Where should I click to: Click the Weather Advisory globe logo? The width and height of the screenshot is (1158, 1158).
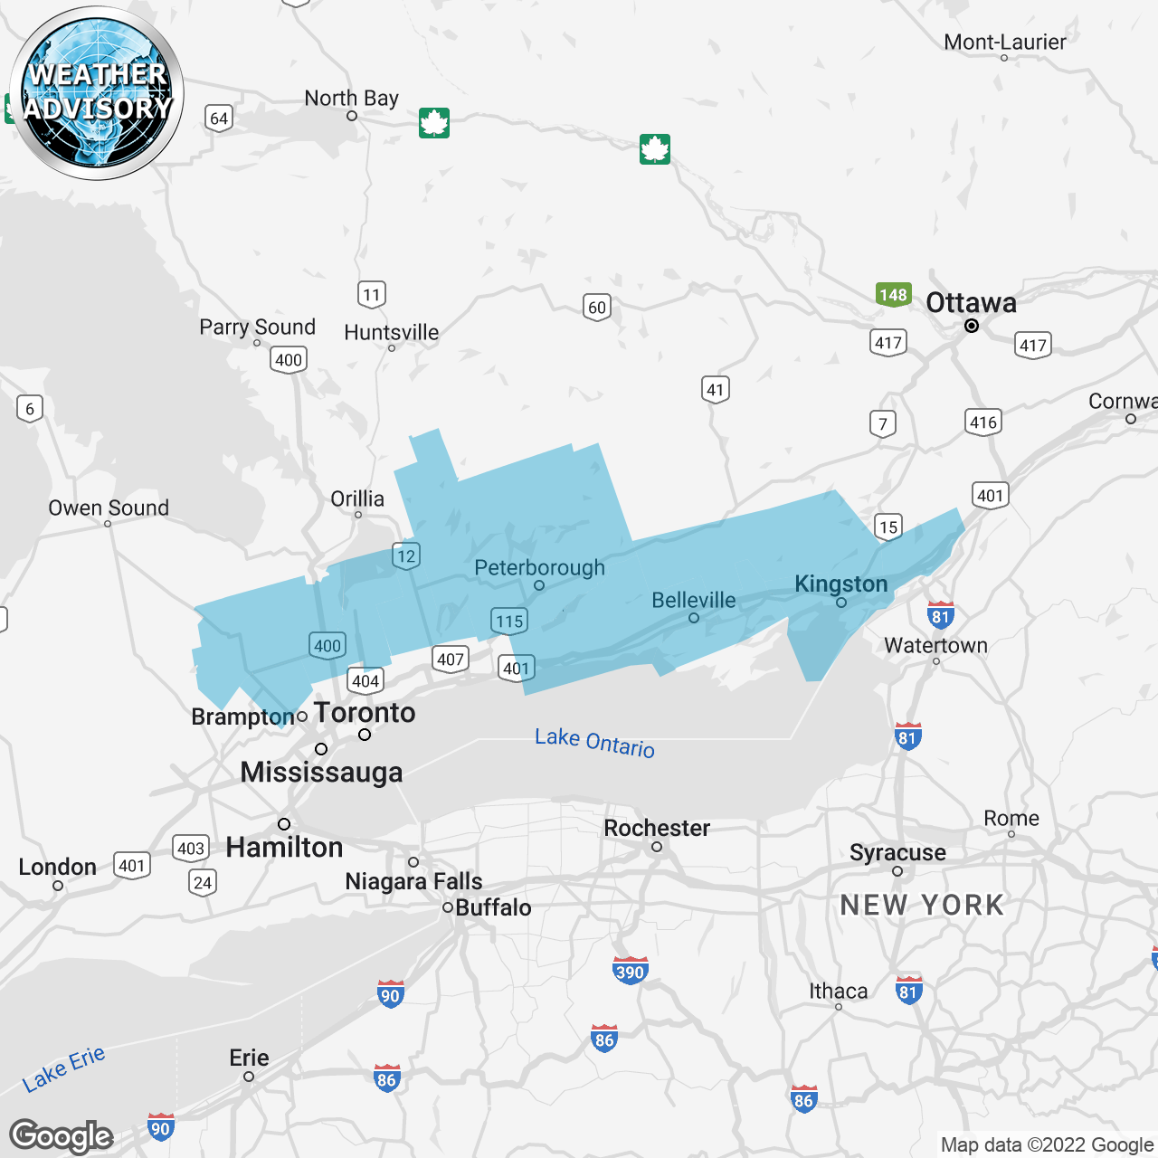[97, 93]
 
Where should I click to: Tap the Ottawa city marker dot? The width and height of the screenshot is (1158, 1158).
[972, 326]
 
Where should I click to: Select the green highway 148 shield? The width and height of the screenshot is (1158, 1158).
[892, 295]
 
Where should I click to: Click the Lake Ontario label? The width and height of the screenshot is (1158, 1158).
[594, 742]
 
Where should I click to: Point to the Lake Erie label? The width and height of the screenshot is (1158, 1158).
[64, 1068]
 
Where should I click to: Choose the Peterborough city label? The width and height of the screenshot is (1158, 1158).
[540, 568]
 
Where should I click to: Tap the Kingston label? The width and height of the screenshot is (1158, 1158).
[840, 584]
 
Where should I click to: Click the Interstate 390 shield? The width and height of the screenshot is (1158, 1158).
[630, 972]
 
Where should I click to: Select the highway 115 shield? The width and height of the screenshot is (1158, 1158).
[509, 622]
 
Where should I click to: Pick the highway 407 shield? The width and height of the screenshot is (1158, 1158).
[451, 660]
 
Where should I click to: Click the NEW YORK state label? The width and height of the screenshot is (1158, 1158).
[922, 905]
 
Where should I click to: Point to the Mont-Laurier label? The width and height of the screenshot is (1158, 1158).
[1004, 42]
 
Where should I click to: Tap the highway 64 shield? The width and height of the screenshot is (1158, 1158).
[219, 119]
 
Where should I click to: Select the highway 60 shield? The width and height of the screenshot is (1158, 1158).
[597, 308]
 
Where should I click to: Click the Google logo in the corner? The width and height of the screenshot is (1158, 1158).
[62, 1136]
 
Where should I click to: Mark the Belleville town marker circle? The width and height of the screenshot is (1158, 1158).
[694, 618]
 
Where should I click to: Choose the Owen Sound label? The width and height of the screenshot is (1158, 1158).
[109, 508]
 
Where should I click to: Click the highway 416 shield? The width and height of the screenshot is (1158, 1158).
[983, 422]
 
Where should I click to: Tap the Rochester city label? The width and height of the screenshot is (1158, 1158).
[657, 828]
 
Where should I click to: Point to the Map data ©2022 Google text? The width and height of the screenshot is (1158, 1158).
[1047, 1144]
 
